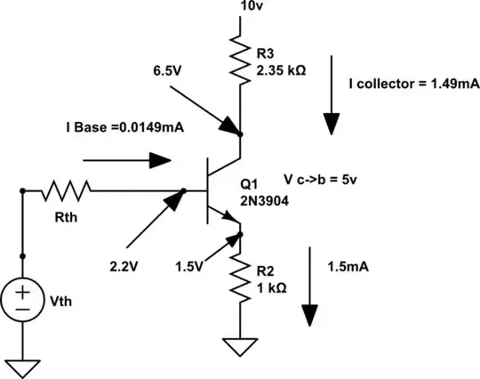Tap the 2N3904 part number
click(263, 201)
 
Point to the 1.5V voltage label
click(190, 265)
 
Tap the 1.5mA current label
click(348, 266)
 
